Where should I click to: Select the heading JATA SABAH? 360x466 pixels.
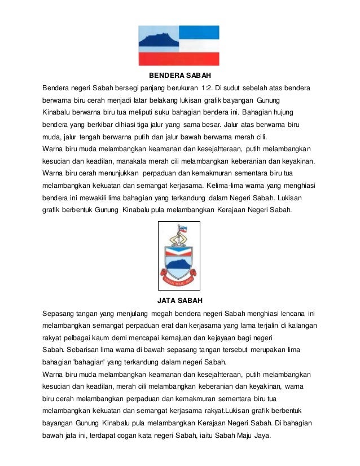click(179, 300)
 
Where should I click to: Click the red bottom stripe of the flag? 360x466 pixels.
click(179, 59)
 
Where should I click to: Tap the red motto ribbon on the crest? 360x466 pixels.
click(180, 277)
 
